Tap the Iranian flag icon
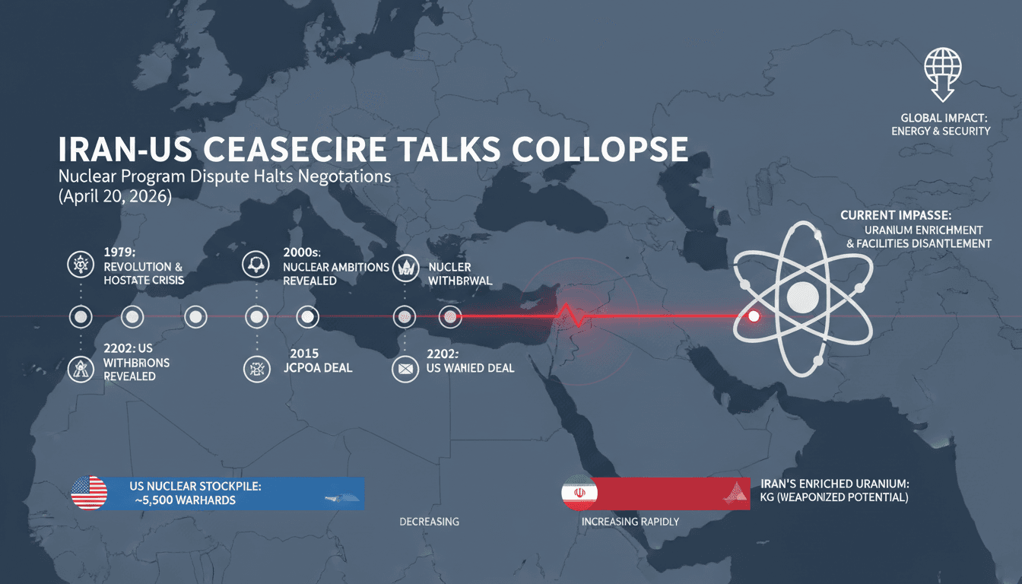pos(579,493)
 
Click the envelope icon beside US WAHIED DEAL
pos(403,370)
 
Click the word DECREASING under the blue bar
pos(429,522)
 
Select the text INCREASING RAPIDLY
pos(630,522)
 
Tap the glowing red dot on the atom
pos(754,316)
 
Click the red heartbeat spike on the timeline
pos(567,314)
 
